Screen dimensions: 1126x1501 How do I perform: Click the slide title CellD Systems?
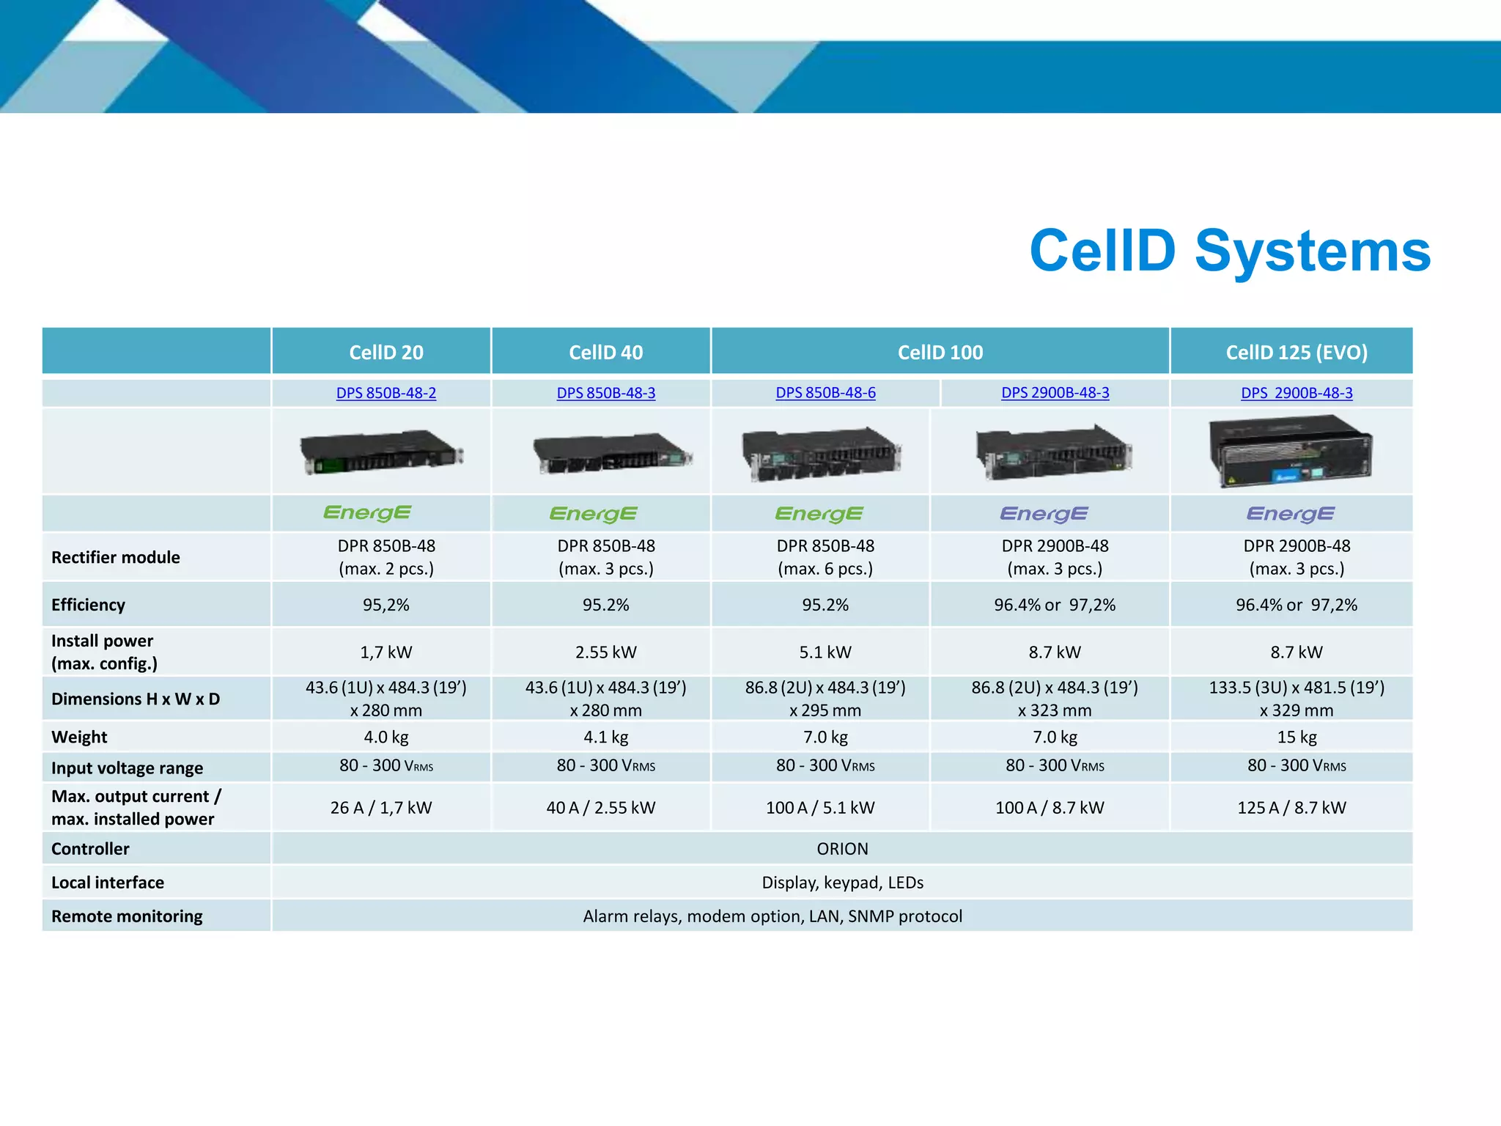pos(1229,251)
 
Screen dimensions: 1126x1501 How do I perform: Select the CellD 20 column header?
pos(386,353)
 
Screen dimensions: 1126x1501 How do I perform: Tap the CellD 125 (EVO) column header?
pos(1296,353)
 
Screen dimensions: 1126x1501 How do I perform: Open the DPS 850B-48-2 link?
pos(386,393)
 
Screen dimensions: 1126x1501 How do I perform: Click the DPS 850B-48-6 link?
pos(825,393)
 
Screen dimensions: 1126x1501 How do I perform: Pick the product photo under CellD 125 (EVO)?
pos(1290,451)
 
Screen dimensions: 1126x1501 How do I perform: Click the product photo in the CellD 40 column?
pos(611,453)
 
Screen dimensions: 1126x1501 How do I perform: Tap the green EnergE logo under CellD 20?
pos(367,513)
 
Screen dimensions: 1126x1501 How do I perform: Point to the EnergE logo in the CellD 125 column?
pos(1290,514)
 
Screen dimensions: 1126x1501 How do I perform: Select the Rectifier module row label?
pos(116,557)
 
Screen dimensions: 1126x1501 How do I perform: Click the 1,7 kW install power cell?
pos(386,652)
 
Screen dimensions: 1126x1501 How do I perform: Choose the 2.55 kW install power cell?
pos(605,652)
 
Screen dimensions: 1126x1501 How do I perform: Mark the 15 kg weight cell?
pos(1296,737)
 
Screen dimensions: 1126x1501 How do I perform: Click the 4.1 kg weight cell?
pos(605,737)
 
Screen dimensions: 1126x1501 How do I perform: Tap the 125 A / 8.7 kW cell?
pos(1291,807)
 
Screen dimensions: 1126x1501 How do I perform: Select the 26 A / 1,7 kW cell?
pos(380,807)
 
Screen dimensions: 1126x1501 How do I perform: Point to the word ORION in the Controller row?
pos(842,848)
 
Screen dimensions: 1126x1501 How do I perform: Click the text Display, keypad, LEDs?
pos(842,882)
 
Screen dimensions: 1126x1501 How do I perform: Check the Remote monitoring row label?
pos(127,916)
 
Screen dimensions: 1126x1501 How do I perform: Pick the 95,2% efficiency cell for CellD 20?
pos(386,605)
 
